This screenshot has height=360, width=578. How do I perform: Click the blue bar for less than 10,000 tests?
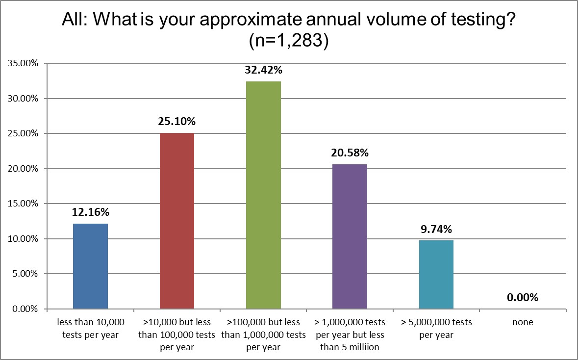pos(90,266)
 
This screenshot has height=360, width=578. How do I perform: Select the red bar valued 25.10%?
pos(176,221)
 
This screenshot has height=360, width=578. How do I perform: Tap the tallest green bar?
pos(263,195)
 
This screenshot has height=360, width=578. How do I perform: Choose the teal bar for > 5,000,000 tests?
pos(436,275)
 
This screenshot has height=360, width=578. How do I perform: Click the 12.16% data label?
pos(90,212)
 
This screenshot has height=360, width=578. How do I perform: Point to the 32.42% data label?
pos(263,70)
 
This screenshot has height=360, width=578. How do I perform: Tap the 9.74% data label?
pos(436,229)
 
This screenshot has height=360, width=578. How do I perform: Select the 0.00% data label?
pos(523,297)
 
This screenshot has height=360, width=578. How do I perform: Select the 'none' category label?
pos(523,323)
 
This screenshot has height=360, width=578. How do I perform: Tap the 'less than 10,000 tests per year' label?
pos(90,329)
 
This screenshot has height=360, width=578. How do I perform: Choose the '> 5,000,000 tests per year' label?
pos(436,329)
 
